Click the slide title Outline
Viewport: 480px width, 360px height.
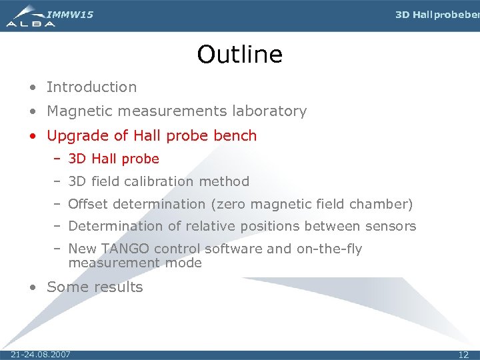239,55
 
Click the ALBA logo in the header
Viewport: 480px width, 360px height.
31,16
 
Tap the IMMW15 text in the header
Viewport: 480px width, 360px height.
71,14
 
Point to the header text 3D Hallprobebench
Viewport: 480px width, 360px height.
437,15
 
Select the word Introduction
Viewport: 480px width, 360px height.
91,87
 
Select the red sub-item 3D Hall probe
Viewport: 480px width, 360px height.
113,159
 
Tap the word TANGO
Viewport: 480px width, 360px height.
125,249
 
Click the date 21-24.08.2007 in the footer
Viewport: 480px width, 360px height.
41,354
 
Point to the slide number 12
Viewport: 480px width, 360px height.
463,354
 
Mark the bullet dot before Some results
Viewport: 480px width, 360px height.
33,288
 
